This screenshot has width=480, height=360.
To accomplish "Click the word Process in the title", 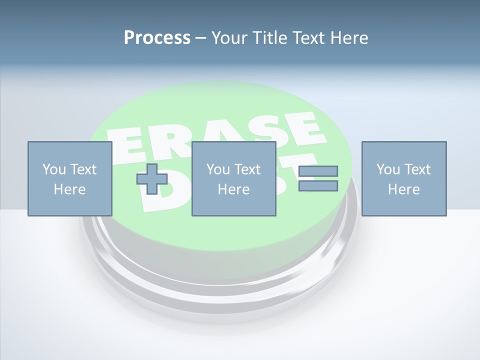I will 157,38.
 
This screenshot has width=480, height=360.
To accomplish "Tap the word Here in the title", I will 348,38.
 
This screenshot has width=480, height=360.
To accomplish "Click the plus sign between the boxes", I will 152,179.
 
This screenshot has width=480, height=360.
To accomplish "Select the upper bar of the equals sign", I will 318,171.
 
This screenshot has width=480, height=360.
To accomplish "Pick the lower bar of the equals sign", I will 318,186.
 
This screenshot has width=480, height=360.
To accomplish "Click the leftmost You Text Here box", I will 69,178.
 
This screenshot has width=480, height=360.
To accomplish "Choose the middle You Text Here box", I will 233,178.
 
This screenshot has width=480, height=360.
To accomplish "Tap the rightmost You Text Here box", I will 403,178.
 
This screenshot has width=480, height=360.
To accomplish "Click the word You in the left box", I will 54,169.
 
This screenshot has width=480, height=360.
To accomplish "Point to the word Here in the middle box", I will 233,189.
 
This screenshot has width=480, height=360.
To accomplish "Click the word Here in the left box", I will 69,189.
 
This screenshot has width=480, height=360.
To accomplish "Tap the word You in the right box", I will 388,169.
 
